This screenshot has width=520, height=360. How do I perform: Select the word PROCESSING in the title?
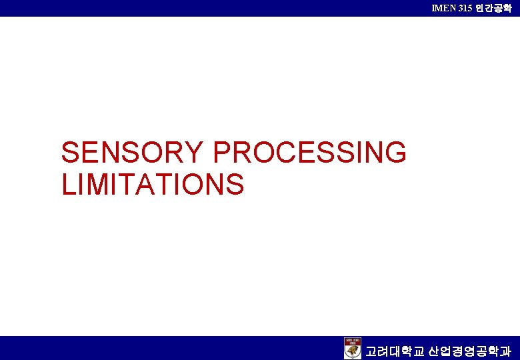coord(309,153)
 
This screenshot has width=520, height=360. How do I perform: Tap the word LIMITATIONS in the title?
coord(153,184)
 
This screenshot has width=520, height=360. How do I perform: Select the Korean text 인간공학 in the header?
coord(495,8)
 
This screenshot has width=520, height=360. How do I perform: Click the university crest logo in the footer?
coord(353,348)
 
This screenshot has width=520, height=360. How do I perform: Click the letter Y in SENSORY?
coord(194,153)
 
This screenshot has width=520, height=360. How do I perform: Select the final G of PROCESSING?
coord(395,153)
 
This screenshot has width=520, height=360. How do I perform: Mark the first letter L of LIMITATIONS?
coord(67,184)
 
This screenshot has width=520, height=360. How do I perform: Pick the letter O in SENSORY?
coord(152,153)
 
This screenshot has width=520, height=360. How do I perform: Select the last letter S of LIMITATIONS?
coord(235,184)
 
